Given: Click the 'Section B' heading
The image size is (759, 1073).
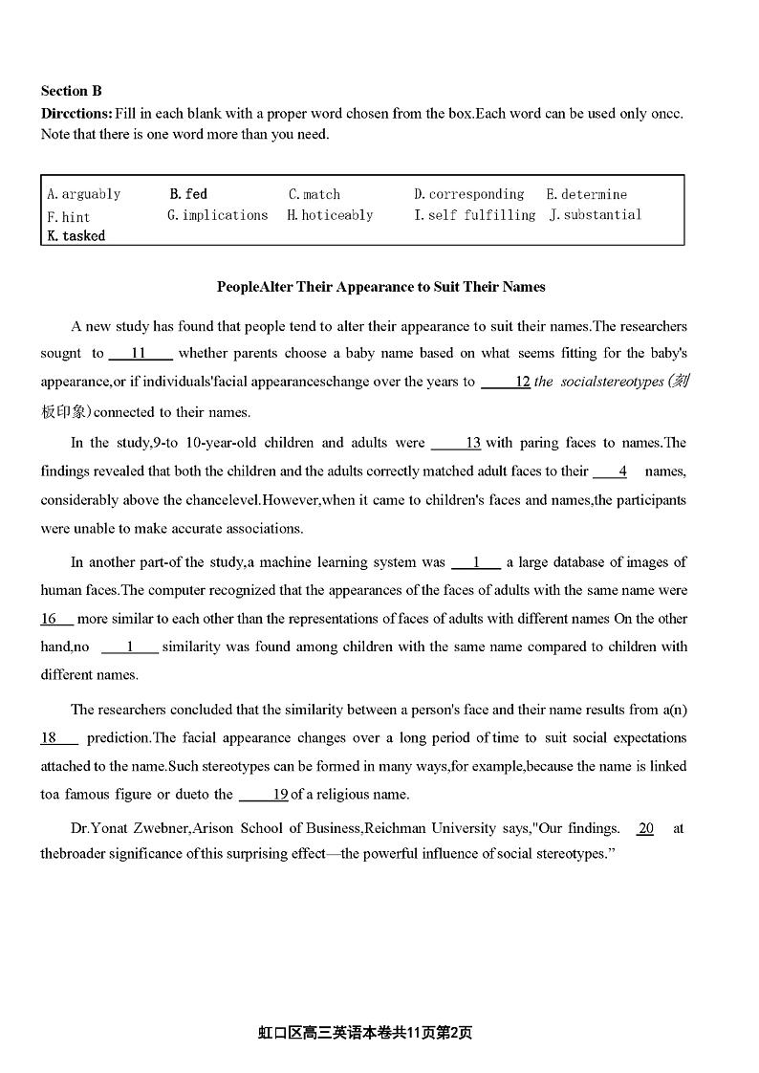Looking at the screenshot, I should (x=71, y=91).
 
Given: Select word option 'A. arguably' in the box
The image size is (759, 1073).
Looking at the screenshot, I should (x=84, y=194).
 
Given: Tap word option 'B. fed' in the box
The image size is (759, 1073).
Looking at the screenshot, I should (x=188, y=194).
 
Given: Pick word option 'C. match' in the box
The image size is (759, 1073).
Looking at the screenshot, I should (x=314, y=194).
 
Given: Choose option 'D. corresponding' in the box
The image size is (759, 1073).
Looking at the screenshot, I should (x=469, y=194).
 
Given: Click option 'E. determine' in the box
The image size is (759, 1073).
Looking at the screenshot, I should (x=587, y=194).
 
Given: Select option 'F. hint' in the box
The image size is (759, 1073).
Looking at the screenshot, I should (x=69, y=217).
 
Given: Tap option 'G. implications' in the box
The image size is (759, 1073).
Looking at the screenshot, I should (x=218, y=215).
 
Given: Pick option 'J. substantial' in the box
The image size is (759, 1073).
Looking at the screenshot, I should (x=596, y=215).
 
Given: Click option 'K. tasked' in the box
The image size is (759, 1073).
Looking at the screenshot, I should (x=76, y=235).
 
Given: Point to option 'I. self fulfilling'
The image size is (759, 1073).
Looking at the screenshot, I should (x=475, y=215).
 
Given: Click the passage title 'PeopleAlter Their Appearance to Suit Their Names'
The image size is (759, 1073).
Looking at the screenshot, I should (x=380, y=286).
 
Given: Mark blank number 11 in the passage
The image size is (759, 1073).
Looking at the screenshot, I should (x=140, y=353).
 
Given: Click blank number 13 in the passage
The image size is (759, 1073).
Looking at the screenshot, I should (x=457, y=443).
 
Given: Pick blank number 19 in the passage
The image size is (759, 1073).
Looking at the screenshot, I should (x=265, y=794).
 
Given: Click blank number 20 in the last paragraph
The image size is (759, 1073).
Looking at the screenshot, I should (x=646, y=828).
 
